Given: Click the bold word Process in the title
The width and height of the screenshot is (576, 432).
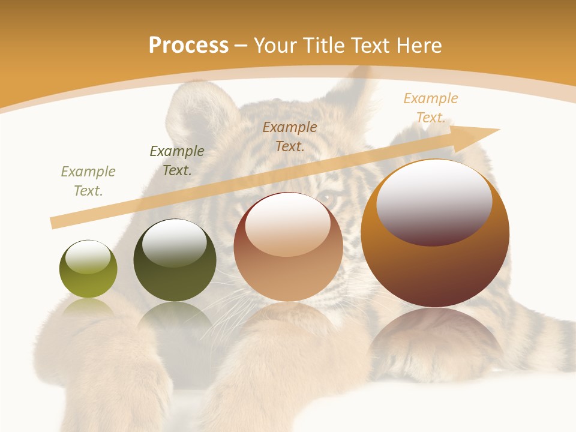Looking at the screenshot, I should tap(188, 46).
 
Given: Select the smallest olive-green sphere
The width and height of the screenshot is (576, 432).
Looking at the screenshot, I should tap(88, 269).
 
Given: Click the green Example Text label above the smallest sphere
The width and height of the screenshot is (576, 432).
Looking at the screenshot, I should tap(88, 181).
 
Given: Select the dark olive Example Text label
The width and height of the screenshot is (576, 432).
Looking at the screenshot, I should tap(176, 161).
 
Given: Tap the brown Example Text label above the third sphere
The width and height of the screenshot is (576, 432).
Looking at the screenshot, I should tap(290, 136).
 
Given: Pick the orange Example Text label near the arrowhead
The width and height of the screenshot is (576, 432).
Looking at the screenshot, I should tap(430, 108).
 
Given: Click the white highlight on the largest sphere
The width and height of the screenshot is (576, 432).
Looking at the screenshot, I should tap(434, 201).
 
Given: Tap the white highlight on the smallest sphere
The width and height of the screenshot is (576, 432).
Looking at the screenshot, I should tap(88, 257).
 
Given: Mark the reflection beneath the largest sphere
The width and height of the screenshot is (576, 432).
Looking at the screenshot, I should tap(435, 336).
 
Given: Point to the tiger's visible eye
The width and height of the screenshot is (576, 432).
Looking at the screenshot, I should tap(326, 197).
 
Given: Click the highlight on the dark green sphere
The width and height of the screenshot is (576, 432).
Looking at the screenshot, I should tap(175, 243).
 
